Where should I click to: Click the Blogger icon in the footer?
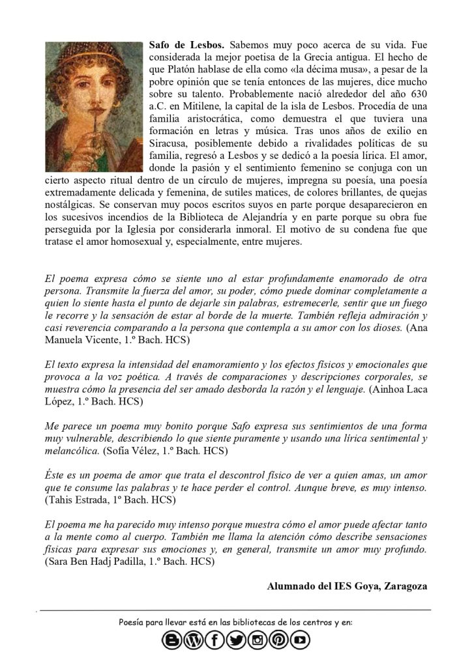(173, 641)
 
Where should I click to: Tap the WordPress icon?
(194, 641)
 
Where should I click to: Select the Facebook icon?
(214, 641)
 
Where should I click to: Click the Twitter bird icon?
(236, 641)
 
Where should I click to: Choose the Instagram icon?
(258, 641)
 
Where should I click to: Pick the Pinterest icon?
(278, 641)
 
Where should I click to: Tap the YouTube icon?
(300, 641)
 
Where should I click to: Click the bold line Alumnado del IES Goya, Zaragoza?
(347, 586)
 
